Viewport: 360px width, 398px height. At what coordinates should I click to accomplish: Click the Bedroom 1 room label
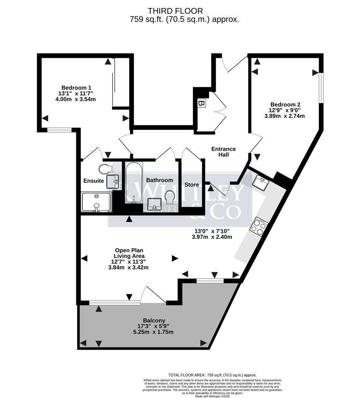[76, 88]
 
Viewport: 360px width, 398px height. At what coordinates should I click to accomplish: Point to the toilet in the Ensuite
[105, 169]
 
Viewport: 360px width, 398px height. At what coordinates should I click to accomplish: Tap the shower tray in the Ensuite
[96, 202]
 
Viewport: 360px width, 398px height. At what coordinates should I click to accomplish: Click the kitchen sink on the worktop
[262, 182]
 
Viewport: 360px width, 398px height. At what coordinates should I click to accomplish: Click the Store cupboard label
[192, 185]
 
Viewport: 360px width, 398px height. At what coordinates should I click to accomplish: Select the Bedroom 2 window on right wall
[321, 88]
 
